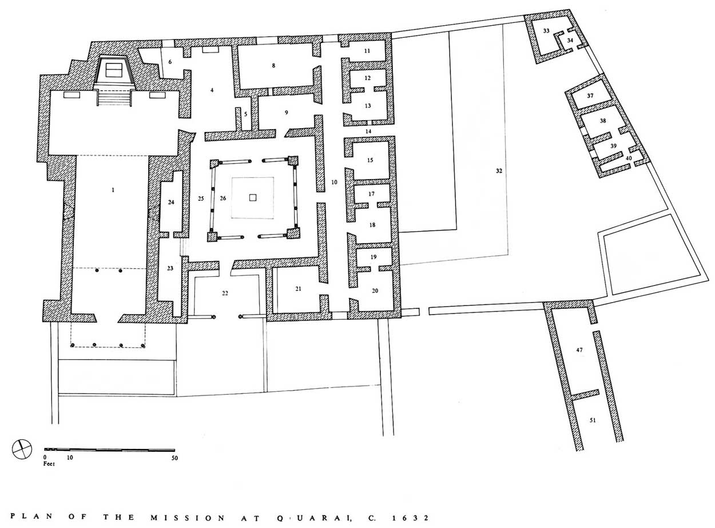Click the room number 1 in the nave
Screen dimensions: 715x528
(113, 190)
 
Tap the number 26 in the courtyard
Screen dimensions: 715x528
(223, 198)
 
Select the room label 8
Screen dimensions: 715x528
(273, 65)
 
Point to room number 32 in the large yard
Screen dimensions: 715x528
(499, 170)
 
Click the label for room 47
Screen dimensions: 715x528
(579, 350)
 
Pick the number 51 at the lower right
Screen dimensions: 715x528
(593, 420)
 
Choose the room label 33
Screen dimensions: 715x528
(546, 31)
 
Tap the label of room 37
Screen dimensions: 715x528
(590, 96)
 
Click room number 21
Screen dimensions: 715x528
(298, 288)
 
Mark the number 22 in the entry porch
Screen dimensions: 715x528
(225, 293)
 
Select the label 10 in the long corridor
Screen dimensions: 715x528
(334, 182)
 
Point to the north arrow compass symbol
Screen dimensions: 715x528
(22, 448)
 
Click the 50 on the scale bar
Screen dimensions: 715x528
(174, 458)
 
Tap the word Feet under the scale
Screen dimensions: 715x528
(49, 463)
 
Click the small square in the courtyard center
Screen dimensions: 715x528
(253, 197)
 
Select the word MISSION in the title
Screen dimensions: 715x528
(188, 518)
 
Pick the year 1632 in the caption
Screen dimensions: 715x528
(410, 518)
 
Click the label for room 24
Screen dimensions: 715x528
(171, 203)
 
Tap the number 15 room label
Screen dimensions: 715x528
(370, 160)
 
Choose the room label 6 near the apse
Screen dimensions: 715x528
(170, 62)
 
